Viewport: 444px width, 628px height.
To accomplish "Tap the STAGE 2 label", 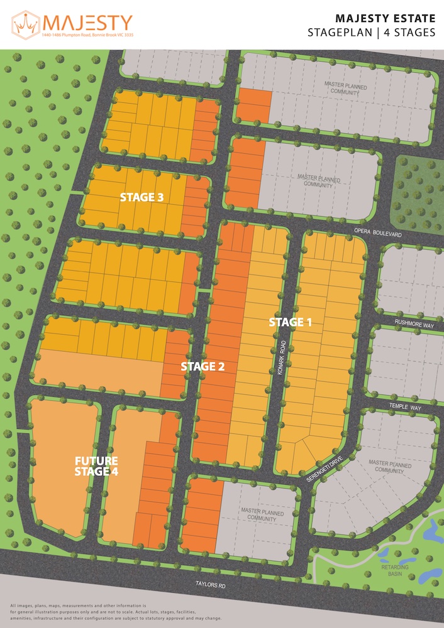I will [203, 366].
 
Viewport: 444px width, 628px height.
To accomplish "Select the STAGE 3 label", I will [142, 197].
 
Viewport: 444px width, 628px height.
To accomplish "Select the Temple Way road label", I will [406, 408].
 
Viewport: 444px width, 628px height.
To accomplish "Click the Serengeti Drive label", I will [329, 467].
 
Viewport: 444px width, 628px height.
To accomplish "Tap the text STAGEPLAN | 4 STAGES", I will [372, 33].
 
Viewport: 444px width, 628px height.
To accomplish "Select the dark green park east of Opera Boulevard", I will [418, 182].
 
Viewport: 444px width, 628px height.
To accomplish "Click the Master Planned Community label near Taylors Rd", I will [258, 514].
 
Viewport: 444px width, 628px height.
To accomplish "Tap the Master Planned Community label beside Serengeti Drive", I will [393, 467].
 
